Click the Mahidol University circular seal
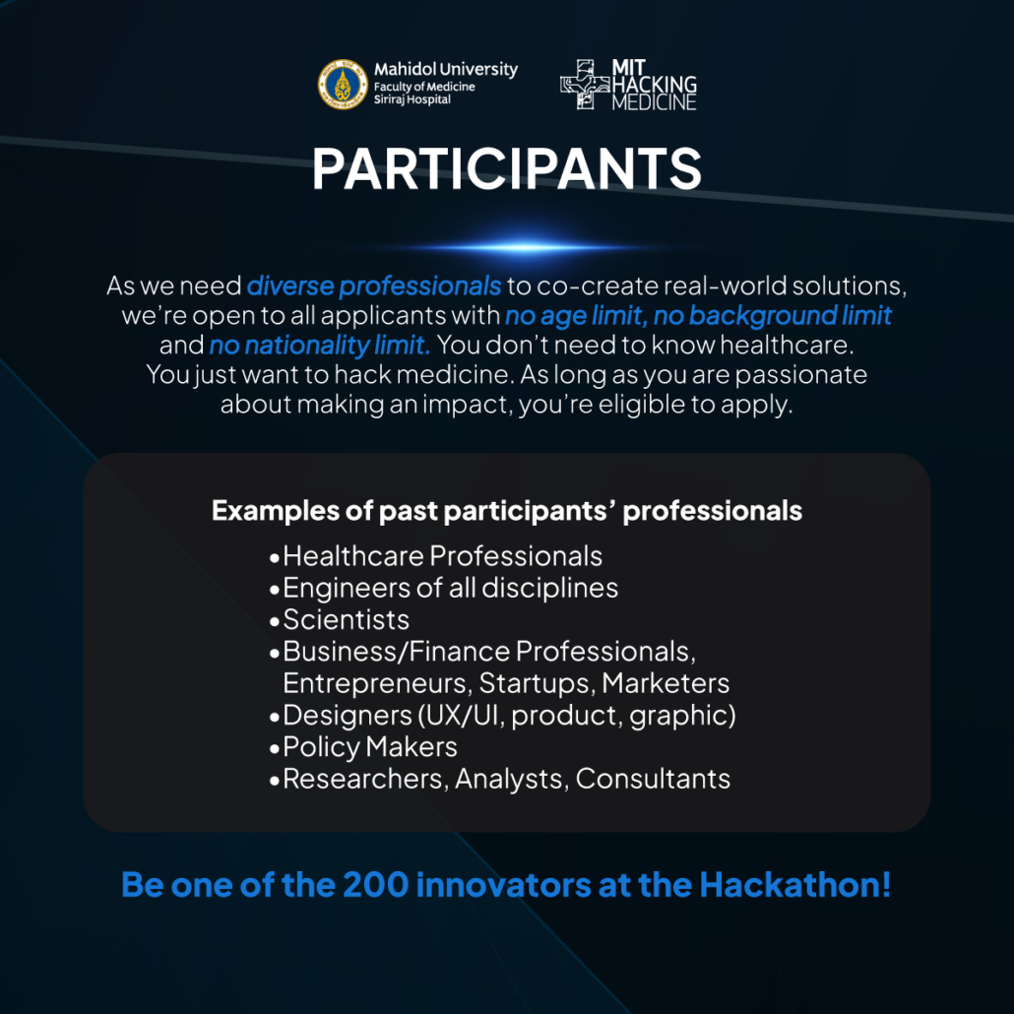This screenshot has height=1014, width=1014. [x=343, y=84]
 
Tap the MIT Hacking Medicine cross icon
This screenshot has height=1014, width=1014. [x=585, y=84]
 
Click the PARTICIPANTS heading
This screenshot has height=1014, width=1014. [x=506, y=168]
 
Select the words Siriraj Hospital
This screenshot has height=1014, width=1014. [x=412, y=99]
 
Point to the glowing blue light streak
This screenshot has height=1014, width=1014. [x=518, y=247]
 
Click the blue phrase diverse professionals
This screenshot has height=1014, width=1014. [x=374, y=285]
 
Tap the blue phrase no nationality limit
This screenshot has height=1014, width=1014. [x=320, y=346]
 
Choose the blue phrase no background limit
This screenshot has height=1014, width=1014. [x=772, y=316]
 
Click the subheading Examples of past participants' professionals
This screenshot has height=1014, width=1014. [x=506, y=511]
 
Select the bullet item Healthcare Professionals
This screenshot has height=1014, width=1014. [x=442, y=556]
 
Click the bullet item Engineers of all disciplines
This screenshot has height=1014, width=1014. [x=450, y=588]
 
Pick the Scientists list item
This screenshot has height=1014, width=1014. [x=346, y=619]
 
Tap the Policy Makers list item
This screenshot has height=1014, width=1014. [x=370, y=747]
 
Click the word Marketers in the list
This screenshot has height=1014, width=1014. [x=665, y=683]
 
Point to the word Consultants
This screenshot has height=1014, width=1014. [x=653, y=779]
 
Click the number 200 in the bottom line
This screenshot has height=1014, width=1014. [x=375, y=885]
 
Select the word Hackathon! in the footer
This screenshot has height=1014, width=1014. [x=794, y=885]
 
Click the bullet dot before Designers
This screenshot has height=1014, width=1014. [x=275, y=717]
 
